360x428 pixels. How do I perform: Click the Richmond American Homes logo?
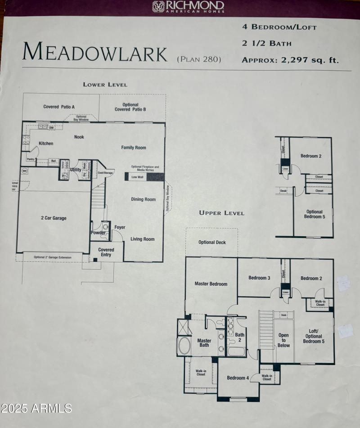(188, 6)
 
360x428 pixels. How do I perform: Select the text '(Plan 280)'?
(199, 59)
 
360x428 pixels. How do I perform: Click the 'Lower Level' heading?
(105, 85)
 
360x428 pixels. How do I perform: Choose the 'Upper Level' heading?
(222, 213)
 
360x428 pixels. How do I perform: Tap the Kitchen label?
(46, 144)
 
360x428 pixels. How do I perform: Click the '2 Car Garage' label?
(54, 218)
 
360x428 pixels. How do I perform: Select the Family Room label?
(134, 148)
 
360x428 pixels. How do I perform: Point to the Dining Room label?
(144, 199)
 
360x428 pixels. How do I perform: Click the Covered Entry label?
(106, 252)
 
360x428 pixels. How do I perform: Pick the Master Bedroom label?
(211, 284)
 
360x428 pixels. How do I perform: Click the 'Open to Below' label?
(283, 340)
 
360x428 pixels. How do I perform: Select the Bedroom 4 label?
(238, 378)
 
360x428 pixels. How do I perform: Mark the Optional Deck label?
(212, 243)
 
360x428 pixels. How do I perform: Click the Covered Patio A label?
(59, 107)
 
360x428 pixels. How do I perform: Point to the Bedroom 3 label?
(259, 278)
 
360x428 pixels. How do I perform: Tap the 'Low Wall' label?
(137, 177)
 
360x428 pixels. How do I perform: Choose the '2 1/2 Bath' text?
(266, 44)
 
